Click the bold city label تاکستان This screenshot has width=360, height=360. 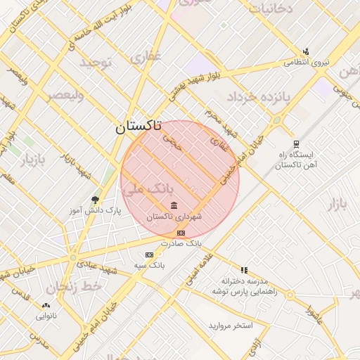click(138, 127)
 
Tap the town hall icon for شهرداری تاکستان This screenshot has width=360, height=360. click(174, 205)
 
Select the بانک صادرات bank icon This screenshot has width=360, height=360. click(181, 233)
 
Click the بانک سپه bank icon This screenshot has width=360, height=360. click(149, 255)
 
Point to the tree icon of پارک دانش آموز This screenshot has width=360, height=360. click(96, 200)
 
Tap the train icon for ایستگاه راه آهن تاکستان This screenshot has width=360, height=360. click(296, 143)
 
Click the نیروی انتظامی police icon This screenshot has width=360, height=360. click(306, 51)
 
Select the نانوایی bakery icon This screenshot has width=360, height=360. click(46, 306)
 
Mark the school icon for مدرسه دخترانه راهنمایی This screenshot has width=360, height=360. click(244, 270)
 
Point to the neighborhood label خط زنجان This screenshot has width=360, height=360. click(74, 287)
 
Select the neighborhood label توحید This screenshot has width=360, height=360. click(95, 64)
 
